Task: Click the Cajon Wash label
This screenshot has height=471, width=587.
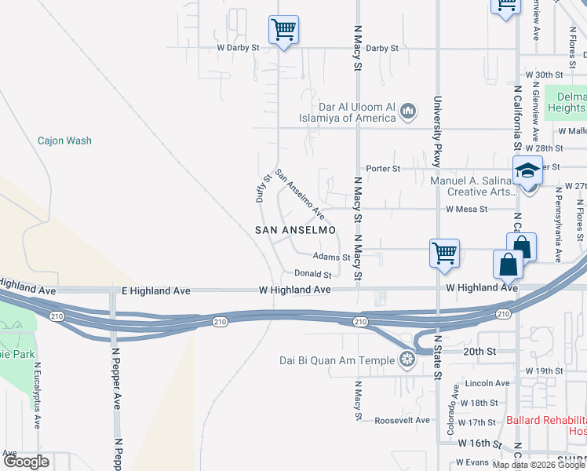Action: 64,141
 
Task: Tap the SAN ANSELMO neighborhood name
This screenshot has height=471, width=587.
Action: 295,230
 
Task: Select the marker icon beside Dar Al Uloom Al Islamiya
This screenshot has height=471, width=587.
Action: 408,112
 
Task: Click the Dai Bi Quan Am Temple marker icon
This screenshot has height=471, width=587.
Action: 407,360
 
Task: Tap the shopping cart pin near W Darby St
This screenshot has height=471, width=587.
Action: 283,31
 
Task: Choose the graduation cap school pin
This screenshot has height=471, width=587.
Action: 528,170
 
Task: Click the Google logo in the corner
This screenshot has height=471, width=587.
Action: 26,462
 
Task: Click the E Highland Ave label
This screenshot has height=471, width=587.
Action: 156,290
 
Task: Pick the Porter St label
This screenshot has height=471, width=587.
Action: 383,168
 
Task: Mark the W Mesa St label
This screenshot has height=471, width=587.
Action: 466,210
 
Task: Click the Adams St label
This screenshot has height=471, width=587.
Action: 330,257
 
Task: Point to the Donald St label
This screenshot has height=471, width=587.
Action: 313,274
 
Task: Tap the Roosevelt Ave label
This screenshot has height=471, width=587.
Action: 401,420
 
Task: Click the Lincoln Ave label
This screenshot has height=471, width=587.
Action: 487,383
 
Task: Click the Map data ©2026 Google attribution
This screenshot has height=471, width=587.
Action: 538,464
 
